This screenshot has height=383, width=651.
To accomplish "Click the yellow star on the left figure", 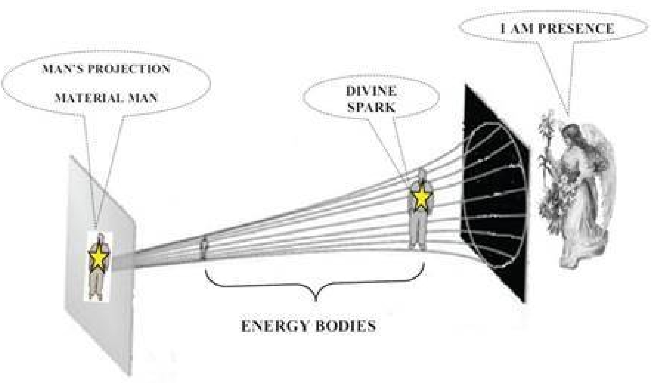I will [x=98, y=255].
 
